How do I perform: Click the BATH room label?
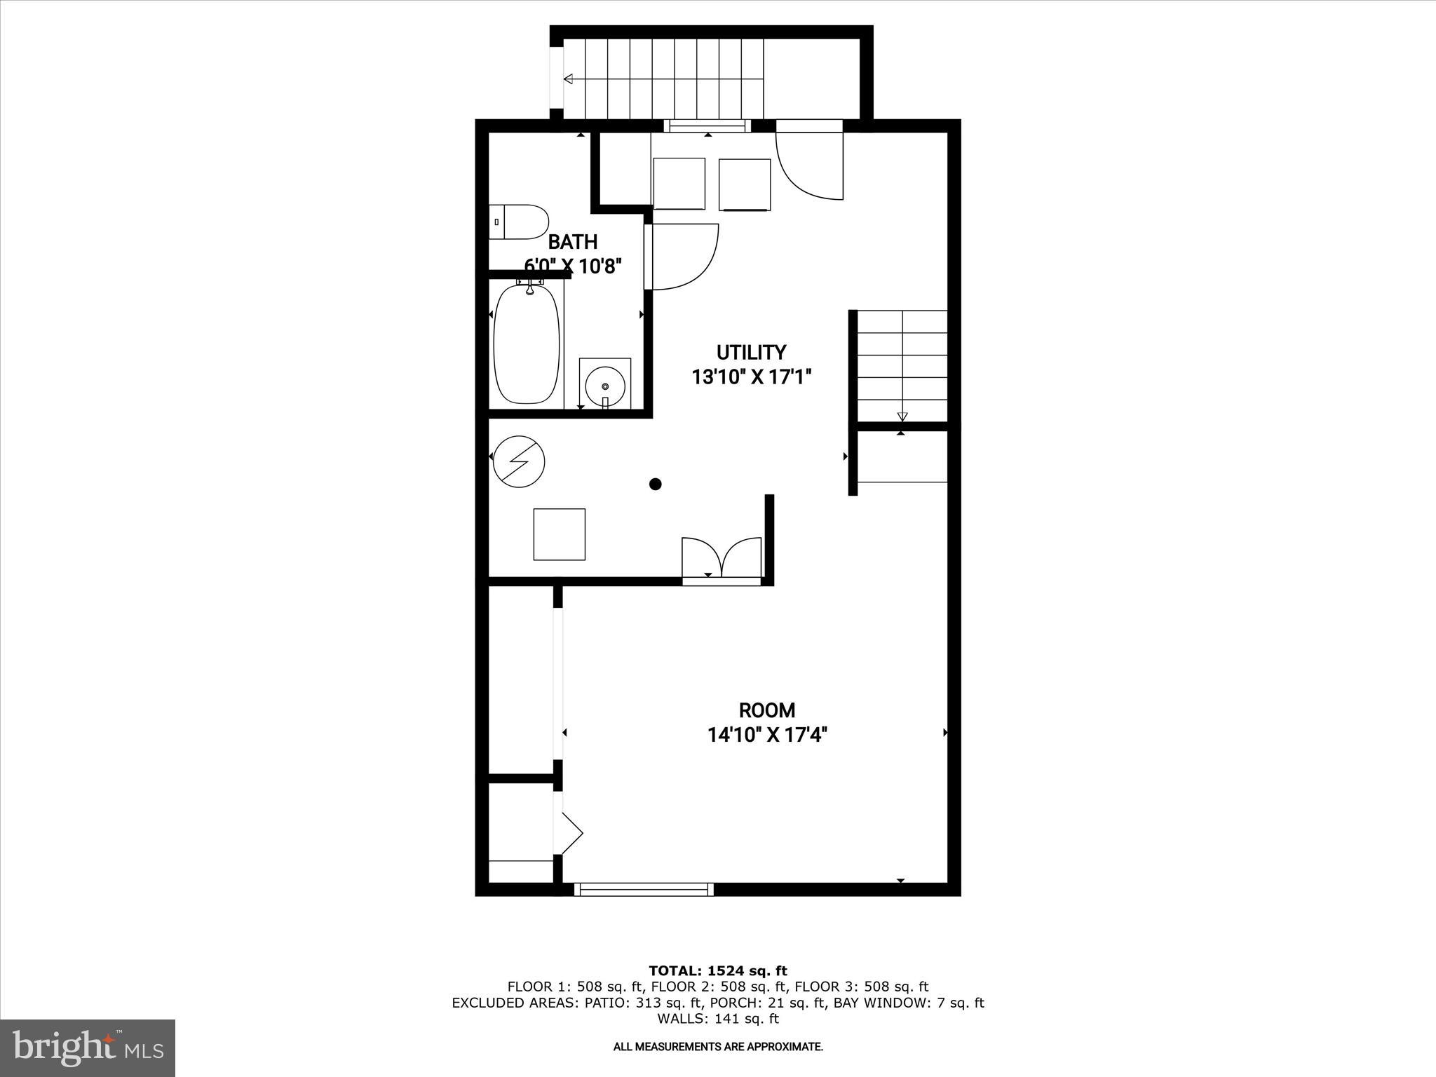coord(572,242)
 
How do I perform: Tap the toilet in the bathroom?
coord(520,222)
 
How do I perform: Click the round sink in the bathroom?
coord(604,385)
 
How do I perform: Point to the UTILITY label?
coord(751,352)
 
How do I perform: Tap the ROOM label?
coord(767,710)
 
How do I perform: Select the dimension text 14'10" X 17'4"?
coord(767,736)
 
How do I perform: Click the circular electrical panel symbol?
coord(519,462)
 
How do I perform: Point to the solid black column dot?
coord(656,484)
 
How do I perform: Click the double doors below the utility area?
coord(722,559)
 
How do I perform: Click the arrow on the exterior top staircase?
coord(569,79)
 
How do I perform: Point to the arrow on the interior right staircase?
coord(902,416)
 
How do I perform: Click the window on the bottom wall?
coord(644,889)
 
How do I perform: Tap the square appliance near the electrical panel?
coord(559,534)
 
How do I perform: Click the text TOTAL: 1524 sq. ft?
coord(718,971)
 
